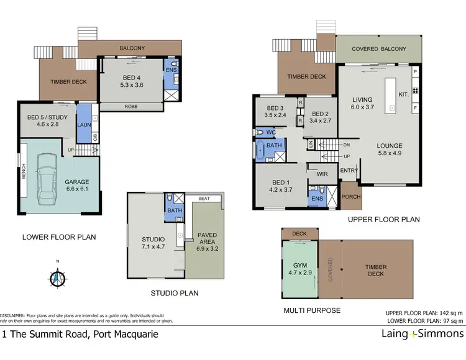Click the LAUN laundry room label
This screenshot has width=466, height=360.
point(84,124)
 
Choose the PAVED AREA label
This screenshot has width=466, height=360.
point(207,239)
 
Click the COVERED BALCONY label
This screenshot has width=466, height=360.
point(378,49)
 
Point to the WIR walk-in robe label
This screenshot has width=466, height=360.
point(322,175)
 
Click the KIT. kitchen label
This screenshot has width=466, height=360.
point(404,94)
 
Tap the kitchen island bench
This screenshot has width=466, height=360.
point(392,94)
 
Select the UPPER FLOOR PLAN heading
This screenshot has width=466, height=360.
point(383,219)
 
